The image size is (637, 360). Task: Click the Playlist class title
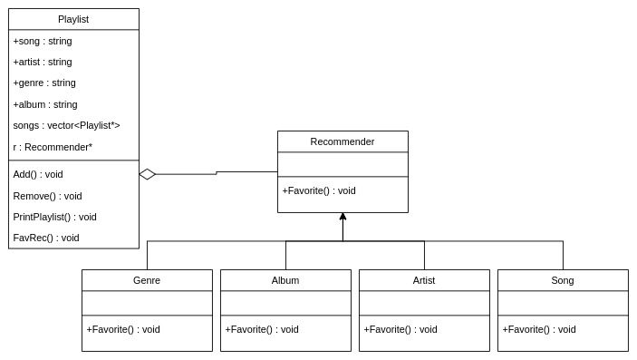coord(73,19)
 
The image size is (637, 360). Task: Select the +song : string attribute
coord(43,41)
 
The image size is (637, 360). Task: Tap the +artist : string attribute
coord(43,62)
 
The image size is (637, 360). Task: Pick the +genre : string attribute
coord(44,83)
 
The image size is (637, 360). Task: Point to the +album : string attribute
coord(45,104)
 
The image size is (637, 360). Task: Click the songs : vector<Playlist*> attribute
coord(66,125)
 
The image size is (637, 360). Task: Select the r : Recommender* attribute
coord(53,147)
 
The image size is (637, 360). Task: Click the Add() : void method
coord(38,174)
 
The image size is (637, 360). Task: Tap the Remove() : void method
coord(47,196)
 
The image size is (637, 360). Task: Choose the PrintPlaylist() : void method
coord(54,217)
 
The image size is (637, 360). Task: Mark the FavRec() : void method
coord(46,238)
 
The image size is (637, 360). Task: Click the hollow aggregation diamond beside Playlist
coord(148,174)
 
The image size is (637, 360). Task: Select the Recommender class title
coord(343,141)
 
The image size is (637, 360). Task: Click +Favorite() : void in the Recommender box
coord(319,190)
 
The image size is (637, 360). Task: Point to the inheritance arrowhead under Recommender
coord(343,217)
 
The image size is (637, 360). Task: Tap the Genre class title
coord(147,280)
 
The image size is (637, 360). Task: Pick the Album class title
coord(285,280)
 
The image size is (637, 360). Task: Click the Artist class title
coord(424,280)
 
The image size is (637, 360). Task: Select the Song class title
coord(563,280)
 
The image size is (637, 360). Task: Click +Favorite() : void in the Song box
coord(539,329)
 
